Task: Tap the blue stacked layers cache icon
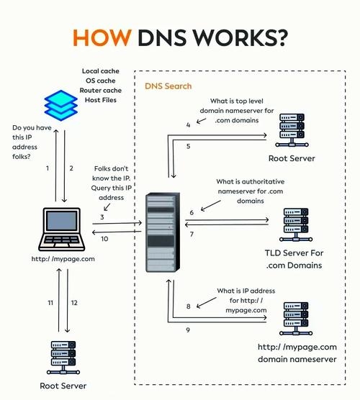tap(60, 105)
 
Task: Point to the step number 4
tap(188, 124)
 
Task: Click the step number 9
tap(188, 329)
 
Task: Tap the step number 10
tap(104, 239)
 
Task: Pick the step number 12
tap(75, 303)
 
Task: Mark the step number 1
tap(48, 168)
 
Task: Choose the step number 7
tap(192, 235)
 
